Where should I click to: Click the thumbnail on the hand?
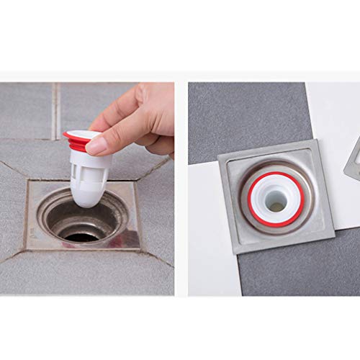pos(95,145)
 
